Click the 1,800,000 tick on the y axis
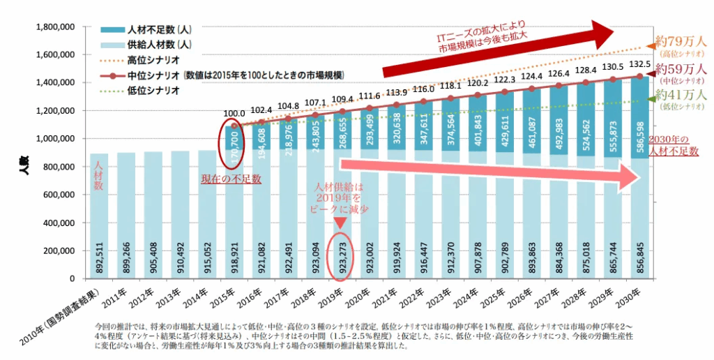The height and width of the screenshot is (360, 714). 54,27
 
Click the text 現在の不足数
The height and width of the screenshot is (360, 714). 231,179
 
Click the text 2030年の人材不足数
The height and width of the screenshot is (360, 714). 674,144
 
